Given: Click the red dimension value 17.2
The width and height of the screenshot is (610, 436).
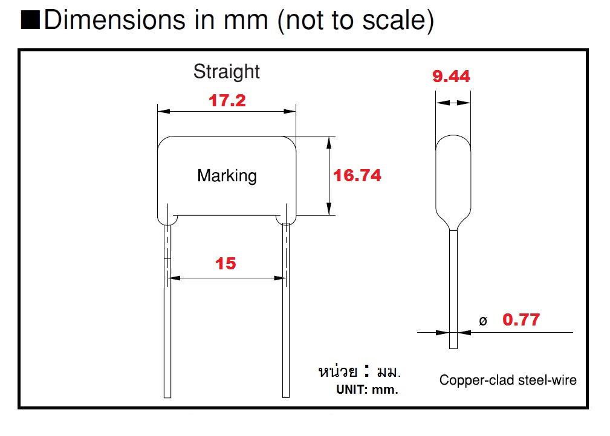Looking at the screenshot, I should [x=227, y=101].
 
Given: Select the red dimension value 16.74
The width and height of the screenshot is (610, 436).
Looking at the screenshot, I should [x=357, y=175].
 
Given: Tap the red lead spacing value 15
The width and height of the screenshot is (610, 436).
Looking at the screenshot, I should [x=226, y=263].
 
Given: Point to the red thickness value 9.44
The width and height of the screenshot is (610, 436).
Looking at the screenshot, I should [x=451, y=77].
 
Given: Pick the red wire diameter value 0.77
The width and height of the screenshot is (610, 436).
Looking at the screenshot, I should [x=521, y=319].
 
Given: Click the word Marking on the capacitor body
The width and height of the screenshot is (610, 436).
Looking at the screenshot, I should [x=227, y=176].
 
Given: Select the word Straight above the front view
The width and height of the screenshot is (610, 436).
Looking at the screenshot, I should [x=226, y=71].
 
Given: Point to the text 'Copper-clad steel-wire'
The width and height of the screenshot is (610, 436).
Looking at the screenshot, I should [x=508, y=380].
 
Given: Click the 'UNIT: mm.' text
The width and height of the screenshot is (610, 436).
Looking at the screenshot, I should [x=367, y=390].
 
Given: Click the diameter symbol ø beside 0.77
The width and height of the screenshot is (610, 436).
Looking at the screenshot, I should [x=482, y=321].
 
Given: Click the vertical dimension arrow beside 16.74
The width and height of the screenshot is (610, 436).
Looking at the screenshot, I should [x=329, y=175].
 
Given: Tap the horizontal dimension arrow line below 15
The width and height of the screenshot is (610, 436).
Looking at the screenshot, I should [x=227, y=278].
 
